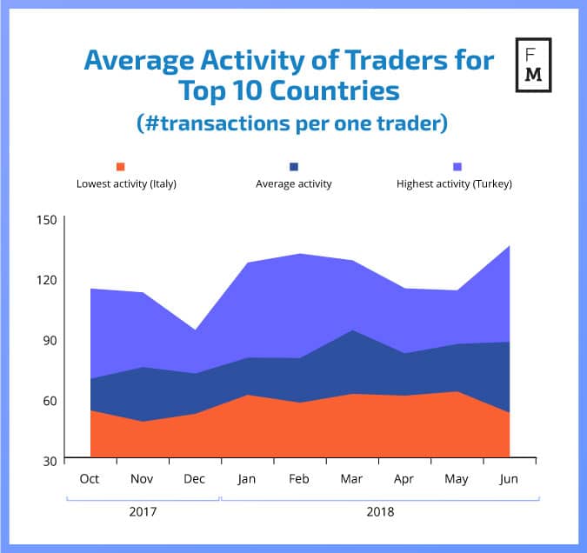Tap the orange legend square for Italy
pos(121,166)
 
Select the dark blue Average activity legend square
pos(293,166)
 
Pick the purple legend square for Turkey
pos(458,166)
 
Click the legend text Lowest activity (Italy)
pos(127,183)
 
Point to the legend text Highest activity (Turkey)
pos(454,183)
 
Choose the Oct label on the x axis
pos(90,478)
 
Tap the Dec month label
pos(195,478)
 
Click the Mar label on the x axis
pos(352,478)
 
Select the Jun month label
pos(509,478)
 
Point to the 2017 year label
pos(142,512)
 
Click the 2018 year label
pos(380,512)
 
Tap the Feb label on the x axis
pos(299,478)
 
